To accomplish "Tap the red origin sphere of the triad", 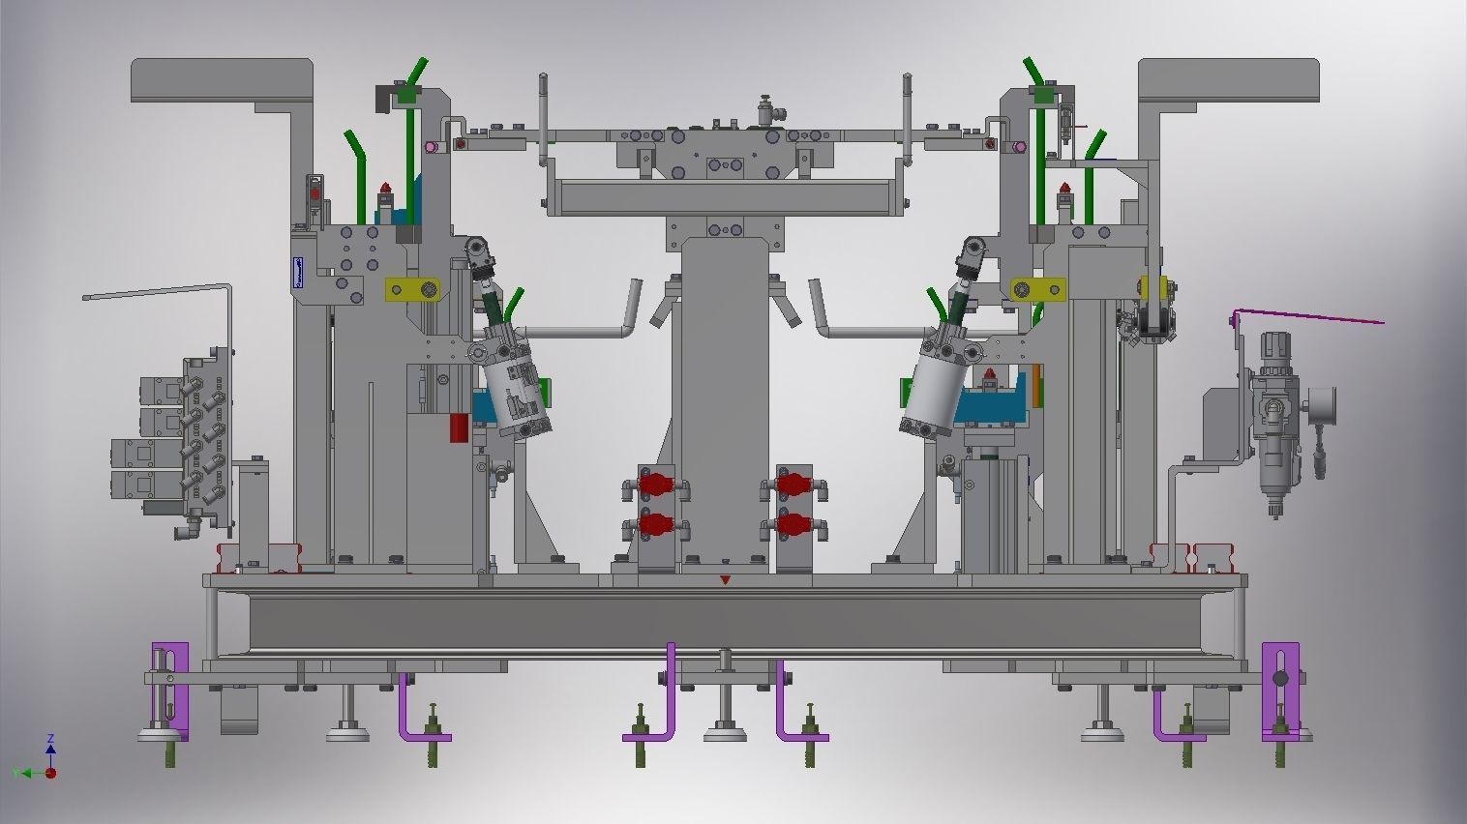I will [50, 773].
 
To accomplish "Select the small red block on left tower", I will [459, 427].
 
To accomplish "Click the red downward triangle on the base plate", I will [725, 580].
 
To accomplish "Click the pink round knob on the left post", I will [430, 147].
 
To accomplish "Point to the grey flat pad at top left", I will [222, 79].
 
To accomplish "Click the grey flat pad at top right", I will [1229, 79].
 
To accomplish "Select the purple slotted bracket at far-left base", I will [170, 689].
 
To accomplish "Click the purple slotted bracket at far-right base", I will [1280, 689].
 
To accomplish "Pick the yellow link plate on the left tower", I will [410, 290].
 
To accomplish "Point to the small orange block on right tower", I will [1035, 384].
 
